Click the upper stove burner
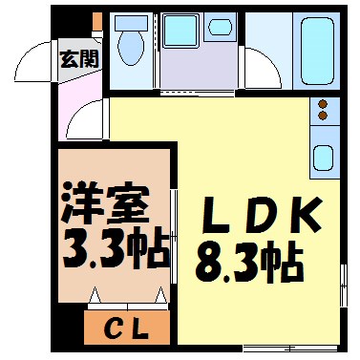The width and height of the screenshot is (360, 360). pos(322,102)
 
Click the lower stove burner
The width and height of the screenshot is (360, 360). pos(322,116)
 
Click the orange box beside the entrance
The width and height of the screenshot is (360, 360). pos(96,21)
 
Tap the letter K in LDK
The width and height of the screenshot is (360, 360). pos(304,216)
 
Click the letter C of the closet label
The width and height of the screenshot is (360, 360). pos(112,330)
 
